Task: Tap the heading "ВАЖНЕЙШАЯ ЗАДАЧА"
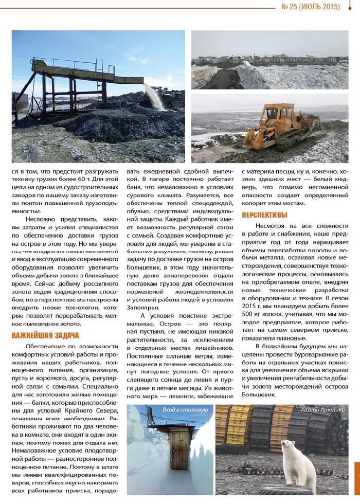tap(45, 336)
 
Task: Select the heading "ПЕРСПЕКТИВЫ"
tap(264, 214)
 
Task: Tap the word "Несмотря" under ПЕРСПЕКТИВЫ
tap(271, 226)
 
